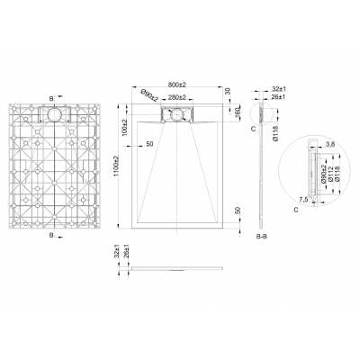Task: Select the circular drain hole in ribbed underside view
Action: tap(58, 114)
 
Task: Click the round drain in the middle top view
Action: tap(176, 114)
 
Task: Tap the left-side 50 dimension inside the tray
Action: tap(148, 144)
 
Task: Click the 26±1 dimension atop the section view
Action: tap(277, 98)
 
